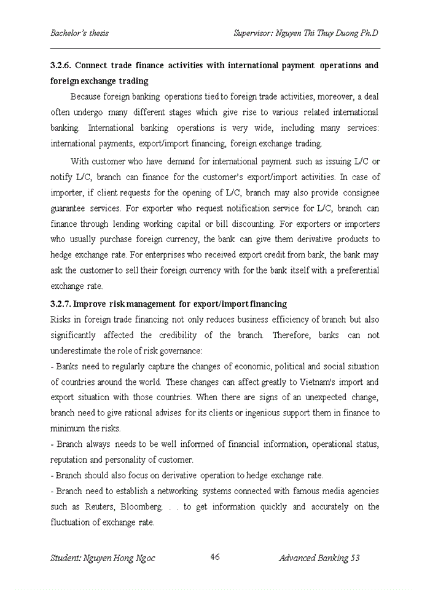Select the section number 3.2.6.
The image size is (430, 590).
(x=62, y=65)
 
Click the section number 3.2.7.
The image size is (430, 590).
(x=62, y=304)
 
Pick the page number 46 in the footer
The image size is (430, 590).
(x=215, y=557)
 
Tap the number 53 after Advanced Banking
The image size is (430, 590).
(x=354, y=558)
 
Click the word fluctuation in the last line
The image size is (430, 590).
(x=76, y=522)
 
